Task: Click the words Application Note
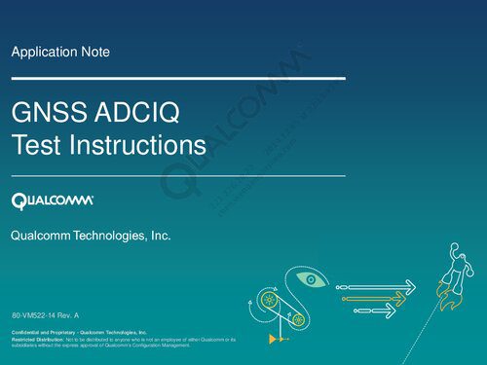59,51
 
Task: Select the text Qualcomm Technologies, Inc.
91,236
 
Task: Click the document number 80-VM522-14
37,317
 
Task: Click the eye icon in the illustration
311,280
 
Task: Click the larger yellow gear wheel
268,303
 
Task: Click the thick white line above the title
178,77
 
